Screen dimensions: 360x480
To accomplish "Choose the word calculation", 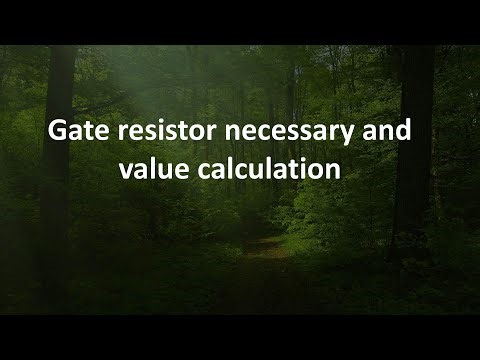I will click(276, 169).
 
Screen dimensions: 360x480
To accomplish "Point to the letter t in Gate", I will click(90, 133).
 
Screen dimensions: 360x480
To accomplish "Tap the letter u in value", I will click(187, 171).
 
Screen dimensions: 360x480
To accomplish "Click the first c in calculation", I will click(221, 171).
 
